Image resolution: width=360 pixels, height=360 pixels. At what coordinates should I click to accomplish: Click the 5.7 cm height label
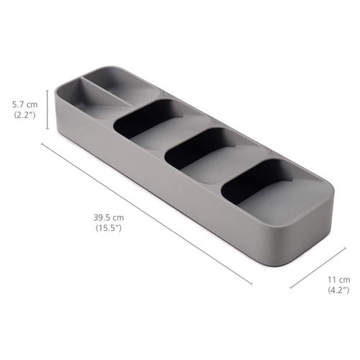[25, 104]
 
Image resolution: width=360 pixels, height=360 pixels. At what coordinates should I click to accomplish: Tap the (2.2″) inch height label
[25, 115]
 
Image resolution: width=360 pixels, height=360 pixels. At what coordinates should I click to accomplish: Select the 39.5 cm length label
[109, 218]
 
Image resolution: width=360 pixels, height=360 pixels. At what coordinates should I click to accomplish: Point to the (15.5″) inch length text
[109, 228]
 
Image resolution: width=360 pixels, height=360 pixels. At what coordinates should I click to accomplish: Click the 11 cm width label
[339, 280]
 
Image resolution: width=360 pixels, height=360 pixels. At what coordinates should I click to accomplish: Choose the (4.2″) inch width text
[338, 290]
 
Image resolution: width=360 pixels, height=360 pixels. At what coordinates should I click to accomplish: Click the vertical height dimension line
[48, 109]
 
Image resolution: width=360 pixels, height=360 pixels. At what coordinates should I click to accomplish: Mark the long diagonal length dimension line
[147, 214]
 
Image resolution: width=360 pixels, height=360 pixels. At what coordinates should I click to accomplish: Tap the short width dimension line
[318, 268]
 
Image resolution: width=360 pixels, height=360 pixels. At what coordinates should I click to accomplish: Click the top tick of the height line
[48, 91]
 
